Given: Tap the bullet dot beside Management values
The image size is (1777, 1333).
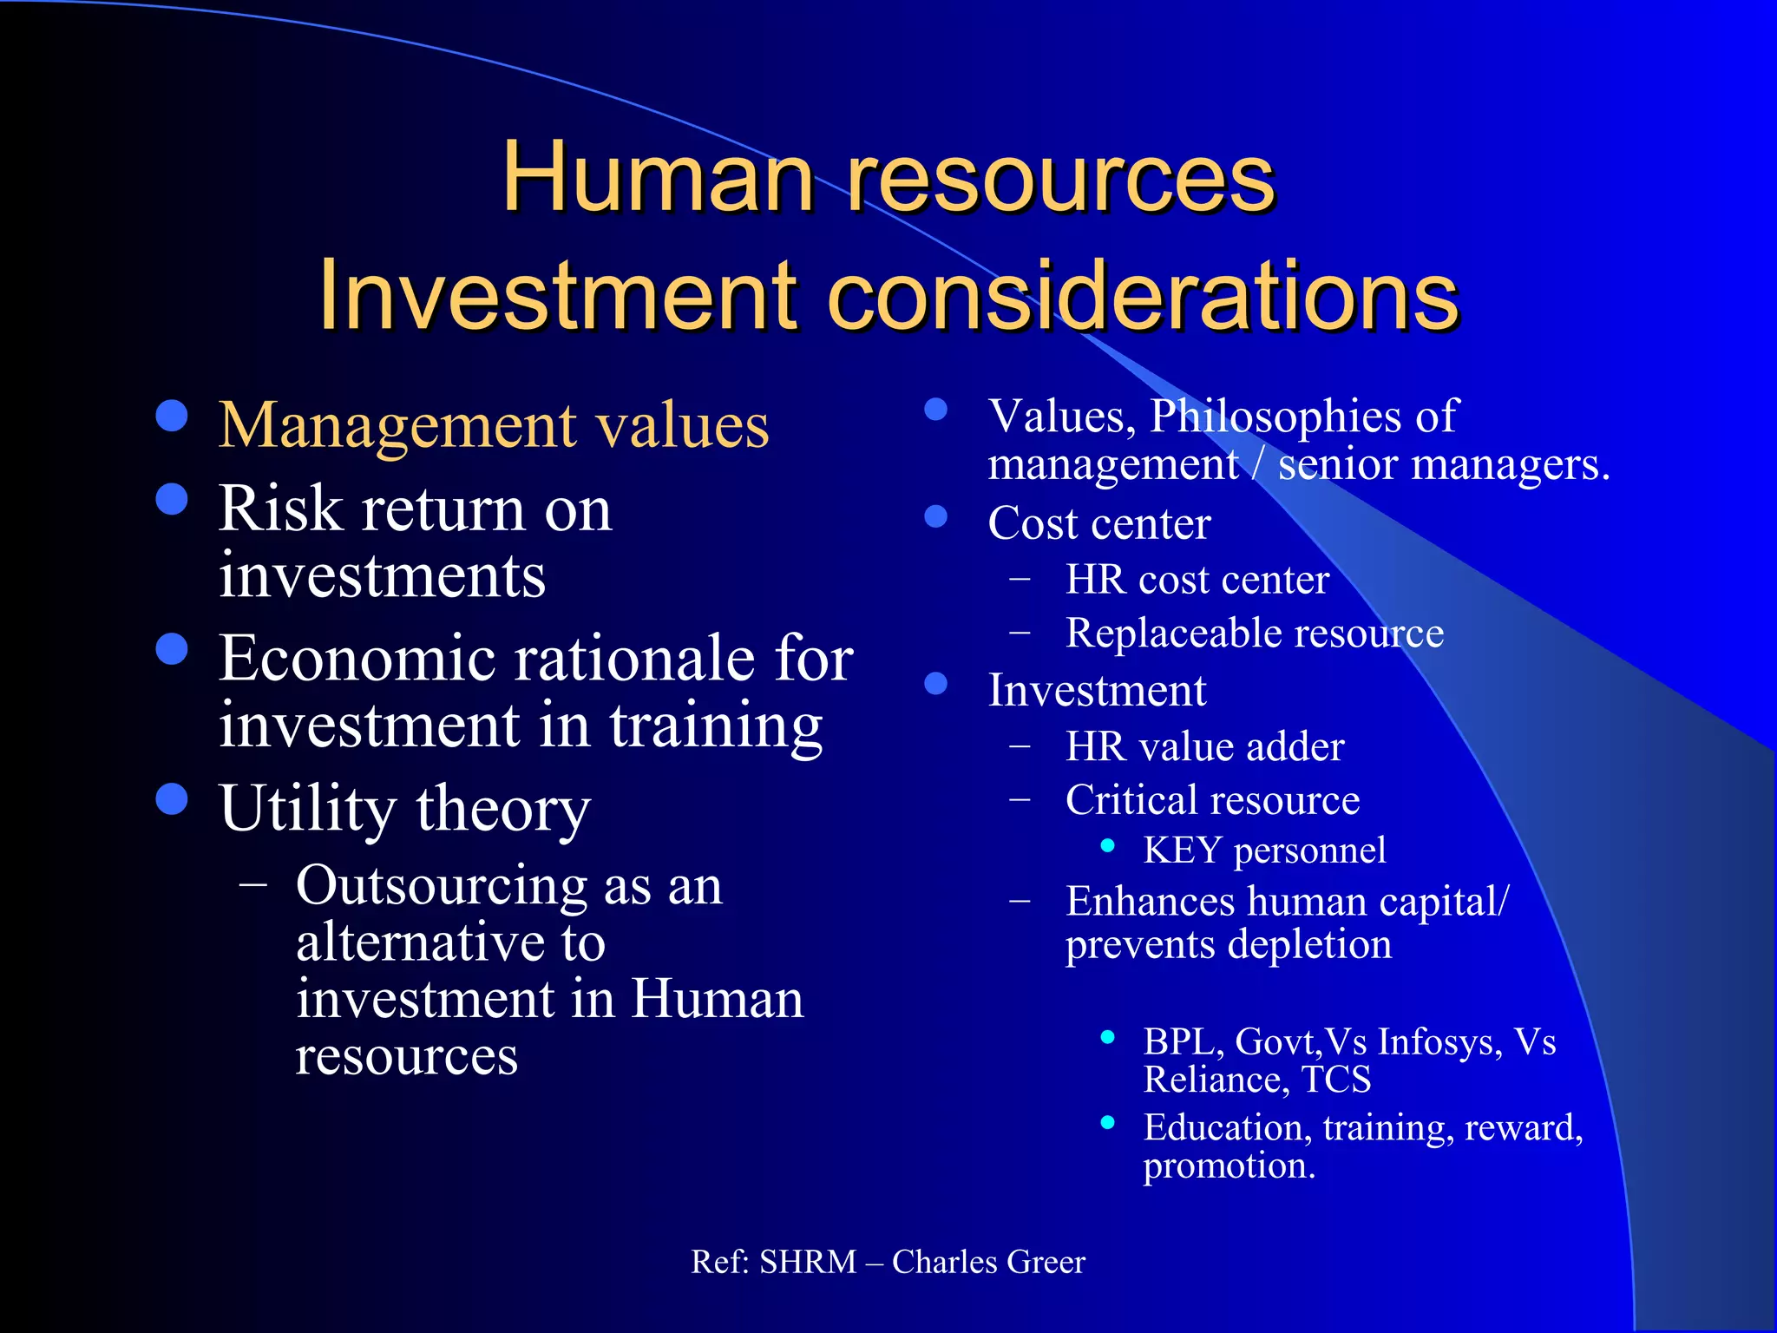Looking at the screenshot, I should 172,416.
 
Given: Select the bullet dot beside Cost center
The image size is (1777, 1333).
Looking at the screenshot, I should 935,517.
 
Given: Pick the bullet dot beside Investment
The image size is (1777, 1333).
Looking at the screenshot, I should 935,684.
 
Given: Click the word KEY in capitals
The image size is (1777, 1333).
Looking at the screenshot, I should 1183,850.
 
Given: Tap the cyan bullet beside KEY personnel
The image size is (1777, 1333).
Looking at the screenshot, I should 1107,846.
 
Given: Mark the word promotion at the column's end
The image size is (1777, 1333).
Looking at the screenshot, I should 1229,1166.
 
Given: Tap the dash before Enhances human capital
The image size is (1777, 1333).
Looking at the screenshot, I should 1020,902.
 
